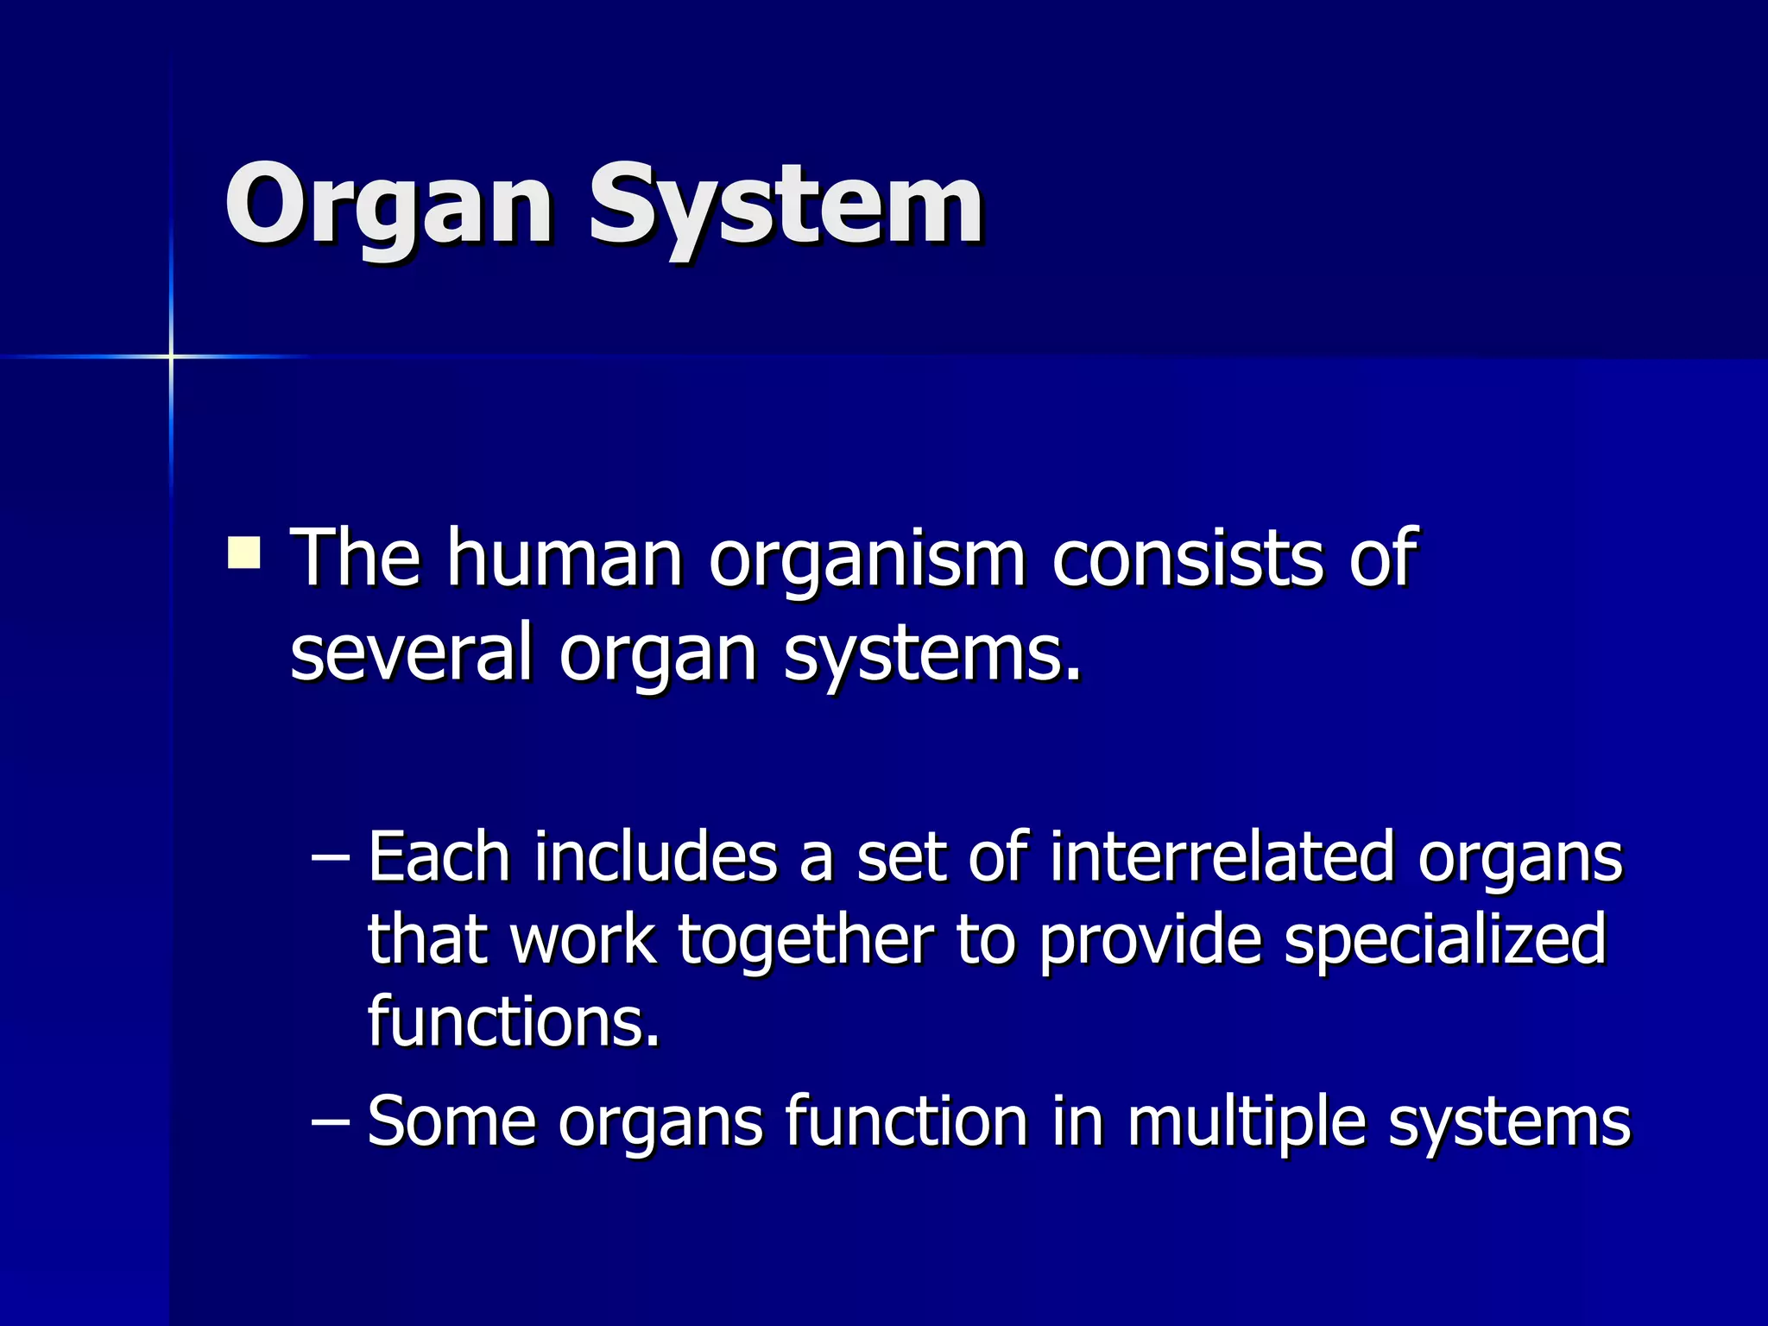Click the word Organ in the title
point(388,207)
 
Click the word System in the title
point(786,207)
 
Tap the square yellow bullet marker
point(244,552)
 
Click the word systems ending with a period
point(932,656)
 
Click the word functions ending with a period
point(514,1021)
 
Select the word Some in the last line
point(451,1122)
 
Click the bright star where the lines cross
point(171,356)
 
